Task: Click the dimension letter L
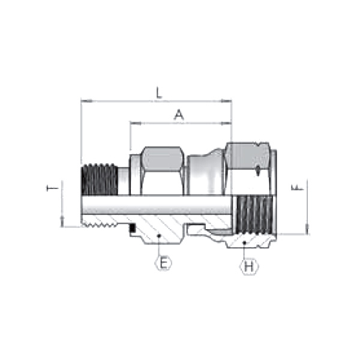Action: point(158,93)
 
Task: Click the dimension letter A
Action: point(178,115)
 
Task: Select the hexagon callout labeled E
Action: point(163,263)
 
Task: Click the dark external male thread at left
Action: point(99,179)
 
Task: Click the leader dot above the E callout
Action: point(159,236)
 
